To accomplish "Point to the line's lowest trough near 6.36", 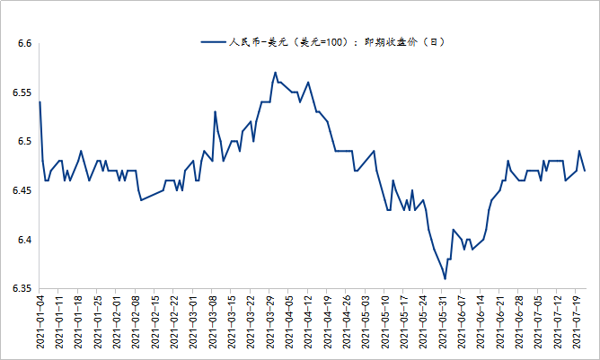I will (445, 279).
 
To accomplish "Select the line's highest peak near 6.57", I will (275, 73).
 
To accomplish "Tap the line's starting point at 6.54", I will (40, 102).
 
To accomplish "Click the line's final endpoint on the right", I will (585, 171).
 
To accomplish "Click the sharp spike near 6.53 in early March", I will (216, 112).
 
